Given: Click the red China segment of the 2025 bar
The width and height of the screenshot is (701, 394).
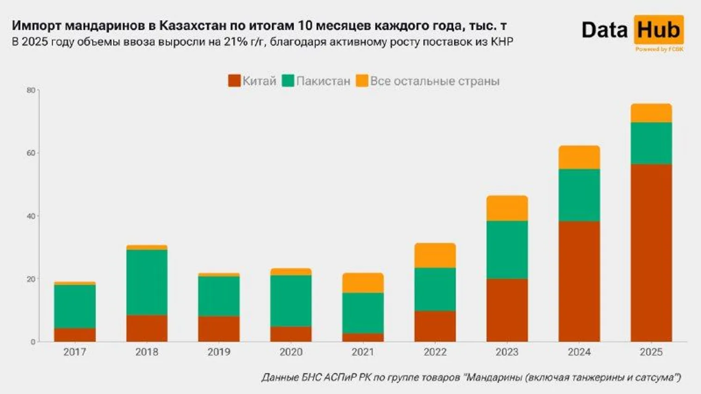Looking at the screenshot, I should click(651, 253).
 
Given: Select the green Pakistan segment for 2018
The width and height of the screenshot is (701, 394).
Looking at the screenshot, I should click(147, 282).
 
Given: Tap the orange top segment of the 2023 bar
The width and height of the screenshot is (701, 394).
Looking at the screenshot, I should click(507, 208).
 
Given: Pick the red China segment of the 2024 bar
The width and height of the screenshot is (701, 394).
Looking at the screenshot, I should click(579, 281).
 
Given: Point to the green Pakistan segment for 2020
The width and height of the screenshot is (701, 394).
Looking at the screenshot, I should click(291, 301).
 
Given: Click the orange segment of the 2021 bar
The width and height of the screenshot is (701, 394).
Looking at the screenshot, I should click(363, 283).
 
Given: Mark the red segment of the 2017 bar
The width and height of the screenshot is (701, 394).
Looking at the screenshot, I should click(74, 335).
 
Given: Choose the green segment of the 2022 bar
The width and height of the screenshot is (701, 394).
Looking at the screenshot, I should click(435, 289).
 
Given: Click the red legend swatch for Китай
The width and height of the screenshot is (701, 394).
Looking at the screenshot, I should click(234, 81).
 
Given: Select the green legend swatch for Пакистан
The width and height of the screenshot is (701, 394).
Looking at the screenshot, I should click(288, 81).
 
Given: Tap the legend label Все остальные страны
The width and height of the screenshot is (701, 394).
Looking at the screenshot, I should click(434, 81).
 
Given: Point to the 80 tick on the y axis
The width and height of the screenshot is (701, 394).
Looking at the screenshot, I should click(31, 90).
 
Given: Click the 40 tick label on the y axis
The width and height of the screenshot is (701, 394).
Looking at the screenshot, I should click(31, 216).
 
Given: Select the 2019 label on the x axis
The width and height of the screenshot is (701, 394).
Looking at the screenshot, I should click(219, 352).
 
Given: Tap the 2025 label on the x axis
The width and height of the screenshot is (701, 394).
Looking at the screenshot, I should click(651, 352).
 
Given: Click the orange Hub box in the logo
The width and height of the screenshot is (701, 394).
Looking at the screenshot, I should click(658, 30).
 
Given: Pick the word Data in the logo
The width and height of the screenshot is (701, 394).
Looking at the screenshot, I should click(605, 30).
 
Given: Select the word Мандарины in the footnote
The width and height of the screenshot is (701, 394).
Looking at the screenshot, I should click(493, 377).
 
